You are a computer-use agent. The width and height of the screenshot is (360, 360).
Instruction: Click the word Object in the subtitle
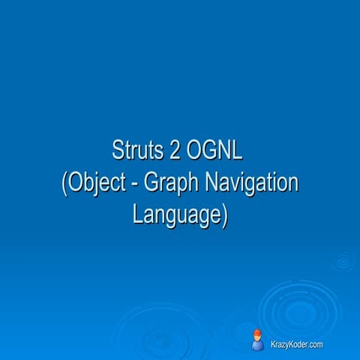click(95, 183)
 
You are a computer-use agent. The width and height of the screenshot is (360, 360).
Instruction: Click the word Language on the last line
click(175, 214)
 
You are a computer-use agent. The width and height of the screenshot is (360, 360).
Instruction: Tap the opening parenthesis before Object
click(64, 184)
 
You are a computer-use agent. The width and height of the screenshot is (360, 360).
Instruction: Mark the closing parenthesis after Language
click(223, 215)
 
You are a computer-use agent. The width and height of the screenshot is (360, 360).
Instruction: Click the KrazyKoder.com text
click(297, 344)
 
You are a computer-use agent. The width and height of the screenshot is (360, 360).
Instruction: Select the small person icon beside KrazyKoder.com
click(257, 340)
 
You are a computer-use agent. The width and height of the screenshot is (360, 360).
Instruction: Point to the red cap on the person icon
click(257, 332)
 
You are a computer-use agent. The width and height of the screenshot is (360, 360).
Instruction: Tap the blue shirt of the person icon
click(257, 346)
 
